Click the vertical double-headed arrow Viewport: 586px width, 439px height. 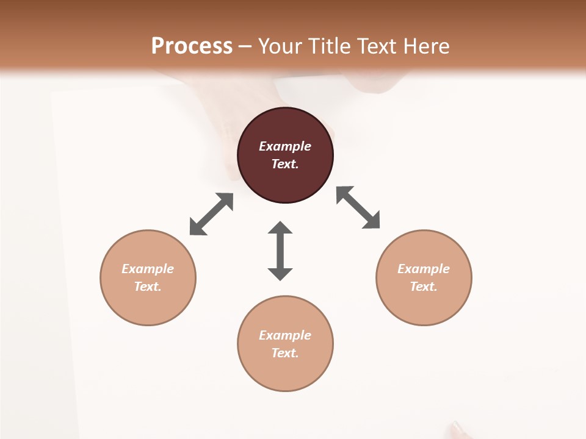tap(280, 251)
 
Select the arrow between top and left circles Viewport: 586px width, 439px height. tap(211, 214)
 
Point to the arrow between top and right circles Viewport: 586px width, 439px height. tap(358, 207)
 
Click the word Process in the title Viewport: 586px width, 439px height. tap(192, 46)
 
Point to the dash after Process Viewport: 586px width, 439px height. tap(245, 46)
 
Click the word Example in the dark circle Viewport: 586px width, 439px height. tap(285, 146)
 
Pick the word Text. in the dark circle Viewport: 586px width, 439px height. tap(285, 164)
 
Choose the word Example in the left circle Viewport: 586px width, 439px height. tap(148, 269)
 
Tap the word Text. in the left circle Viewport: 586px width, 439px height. tap(148, 287)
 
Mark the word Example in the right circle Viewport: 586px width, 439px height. tap(424, 269)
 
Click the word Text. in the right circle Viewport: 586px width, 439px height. tap(424, 287)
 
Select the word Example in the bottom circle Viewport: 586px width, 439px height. tap(285, 335)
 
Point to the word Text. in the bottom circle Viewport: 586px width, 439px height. tap(285, 353)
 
